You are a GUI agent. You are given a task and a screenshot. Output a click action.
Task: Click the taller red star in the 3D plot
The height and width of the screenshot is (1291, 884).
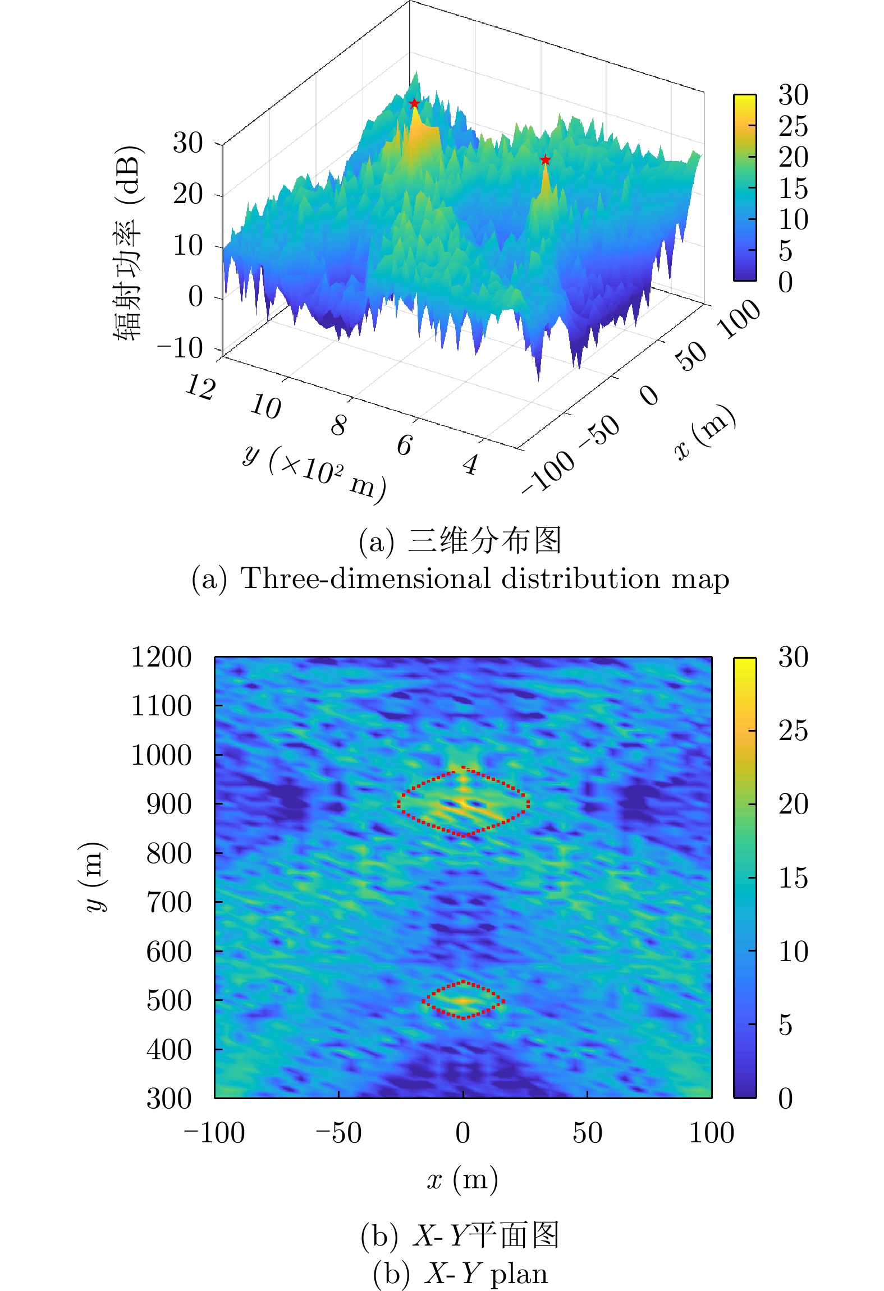[414, 103]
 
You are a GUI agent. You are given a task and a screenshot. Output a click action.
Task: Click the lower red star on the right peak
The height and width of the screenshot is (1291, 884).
[545, 160]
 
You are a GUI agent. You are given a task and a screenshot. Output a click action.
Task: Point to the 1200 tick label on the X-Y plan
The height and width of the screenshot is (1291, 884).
[161, 657]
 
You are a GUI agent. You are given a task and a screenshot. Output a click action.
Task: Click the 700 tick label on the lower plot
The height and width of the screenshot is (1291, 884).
[169, 903]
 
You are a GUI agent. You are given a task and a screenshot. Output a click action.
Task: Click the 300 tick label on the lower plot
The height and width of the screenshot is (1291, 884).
[169, 1099]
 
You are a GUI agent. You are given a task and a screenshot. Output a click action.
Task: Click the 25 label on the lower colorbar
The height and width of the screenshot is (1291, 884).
[793, 731]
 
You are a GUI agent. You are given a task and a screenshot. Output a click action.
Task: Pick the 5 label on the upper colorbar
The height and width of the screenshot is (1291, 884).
[786, 251]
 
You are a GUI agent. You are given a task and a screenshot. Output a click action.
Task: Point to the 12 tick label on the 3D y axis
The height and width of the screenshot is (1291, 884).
[200, 387]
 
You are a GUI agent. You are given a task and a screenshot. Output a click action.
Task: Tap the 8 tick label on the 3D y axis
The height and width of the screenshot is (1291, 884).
[338, 425]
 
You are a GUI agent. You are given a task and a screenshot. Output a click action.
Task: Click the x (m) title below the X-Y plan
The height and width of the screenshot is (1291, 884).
[462, 1179]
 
